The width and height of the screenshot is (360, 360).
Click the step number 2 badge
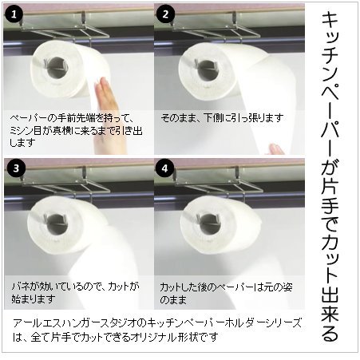click(x=166, y=14)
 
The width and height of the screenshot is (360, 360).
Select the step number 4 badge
click(x=166, y=169)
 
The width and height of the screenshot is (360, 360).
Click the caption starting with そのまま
click(x=221, y=118)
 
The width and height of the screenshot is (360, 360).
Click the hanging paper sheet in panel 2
click(x=239, y=120)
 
